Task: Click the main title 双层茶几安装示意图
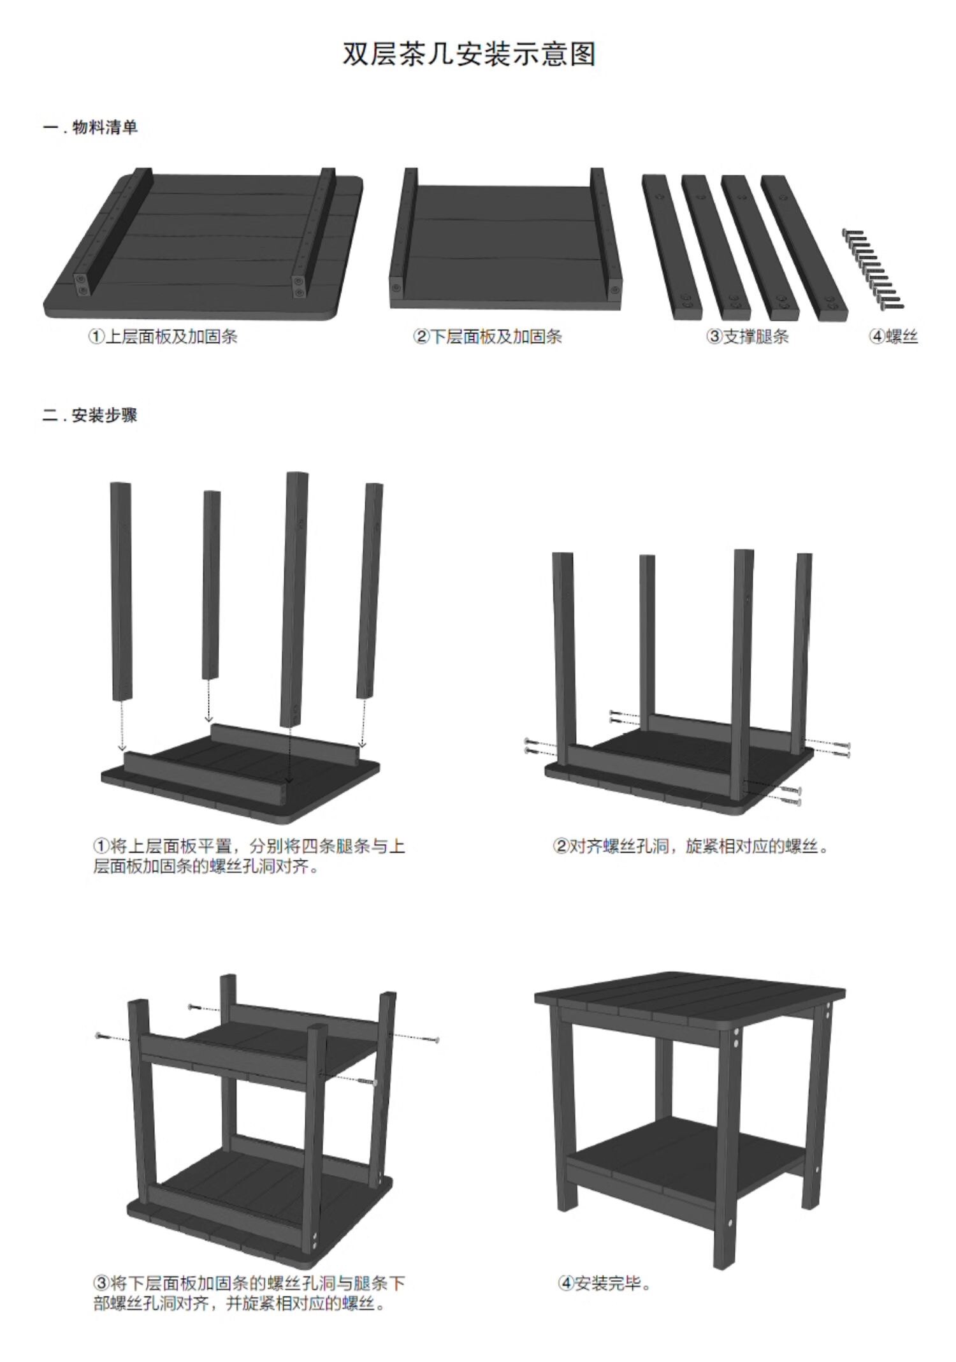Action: (470, 54)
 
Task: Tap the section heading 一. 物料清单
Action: (91, 128)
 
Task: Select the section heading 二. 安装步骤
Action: (91, 416)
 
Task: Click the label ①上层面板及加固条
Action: (163, 336)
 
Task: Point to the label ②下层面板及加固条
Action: (488, 336)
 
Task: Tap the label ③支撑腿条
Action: (748, 336)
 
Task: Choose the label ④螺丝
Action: (894, 336)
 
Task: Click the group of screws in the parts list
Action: (873, 270)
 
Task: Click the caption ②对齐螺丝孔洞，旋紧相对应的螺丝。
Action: (692, 846)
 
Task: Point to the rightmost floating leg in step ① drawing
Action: (370, 590)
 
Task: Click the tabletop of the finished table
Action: (690, 997)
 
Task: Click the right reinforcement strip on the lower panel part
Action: (605, 233)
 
